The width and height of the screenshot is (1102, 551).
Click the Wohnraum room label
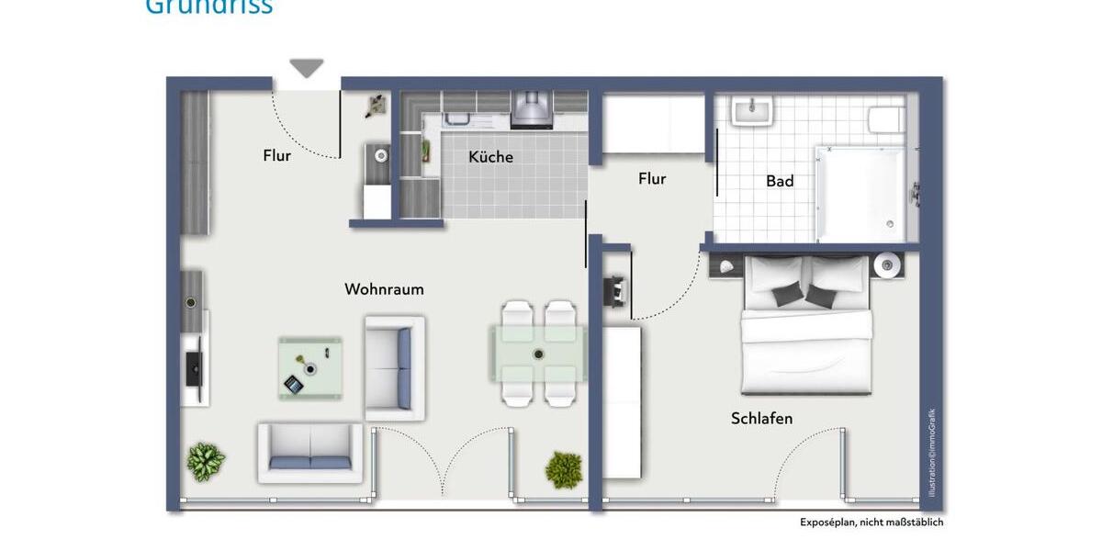tap(384, 289)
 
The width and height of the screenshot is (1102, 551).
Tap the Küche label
tap(490, 157)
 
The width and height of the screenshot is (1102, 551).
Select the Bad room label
tap(780, 181)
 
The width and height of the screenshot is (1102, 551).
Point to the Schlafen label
tap(761, 419)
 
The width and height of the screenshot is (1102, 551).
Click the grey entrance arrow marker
tap(307, 68)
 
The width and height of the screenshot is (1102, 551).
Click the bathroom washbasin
tap(752, 112)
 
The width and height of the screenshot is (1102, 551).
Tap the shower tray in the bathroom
tap(860, 194)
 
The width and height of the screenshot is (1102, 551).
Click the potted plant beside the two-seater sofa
tap(206, 461)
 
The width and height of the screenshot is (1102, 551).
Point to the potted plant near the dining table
tap(564, 469)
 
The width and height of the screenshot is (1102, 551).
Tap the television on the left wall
tap(193, 368)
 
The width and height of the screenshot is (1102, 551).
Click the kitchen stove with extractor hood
tap(532, 110)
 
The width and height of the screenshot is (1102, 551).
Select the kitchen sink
tap(457, 118)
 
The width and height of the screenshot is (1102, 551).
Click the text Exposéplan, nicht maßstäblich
tap(871, 523)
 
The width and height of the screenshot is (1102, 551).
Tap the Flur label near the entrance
tap(276, 155)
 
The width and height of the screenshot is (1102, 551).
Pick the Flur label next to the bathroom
tap(652, 179)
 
